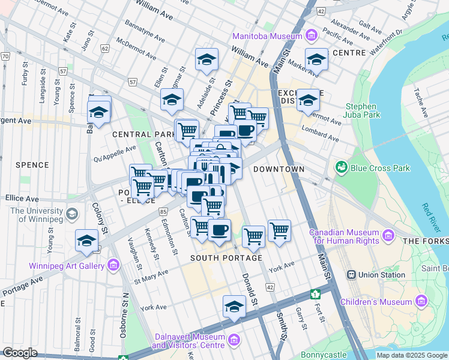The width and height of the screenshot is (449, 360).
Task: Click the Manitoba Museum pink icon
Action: coord(310,36)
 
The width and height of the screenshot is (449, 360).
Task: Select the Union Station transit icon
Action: coord(351,275)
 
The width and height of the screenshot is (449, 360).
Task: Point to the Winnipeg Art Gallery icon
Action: coord(113,265)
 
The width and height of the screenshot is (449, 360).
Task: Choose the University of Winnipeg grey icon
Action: coord(72,214)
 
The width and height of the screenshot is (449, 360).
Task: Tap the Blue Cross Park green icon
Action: coord(342,166)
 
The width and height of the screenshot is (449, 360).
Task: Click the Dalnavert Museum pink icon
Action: coord(234,341)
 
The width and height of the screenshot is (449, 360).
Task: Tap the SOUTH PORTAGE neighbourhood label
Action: coord(226,258)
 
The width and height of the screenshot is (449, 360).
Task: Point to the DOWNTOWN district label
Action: coord(279,170)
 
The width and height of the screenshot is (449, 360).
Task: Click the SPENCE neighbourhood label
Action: coord(32,165)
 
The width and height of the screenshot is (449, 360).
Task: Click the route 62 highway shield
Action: coord(105,48)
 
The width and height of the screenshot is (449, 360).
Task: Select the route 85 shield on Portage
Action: coord(163,211)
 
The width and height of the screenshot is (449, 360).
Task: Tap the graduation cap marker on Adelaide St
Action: coord(206,61)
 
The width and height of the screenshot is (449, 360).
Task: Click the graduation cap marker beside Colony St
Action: coord(87,242)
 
